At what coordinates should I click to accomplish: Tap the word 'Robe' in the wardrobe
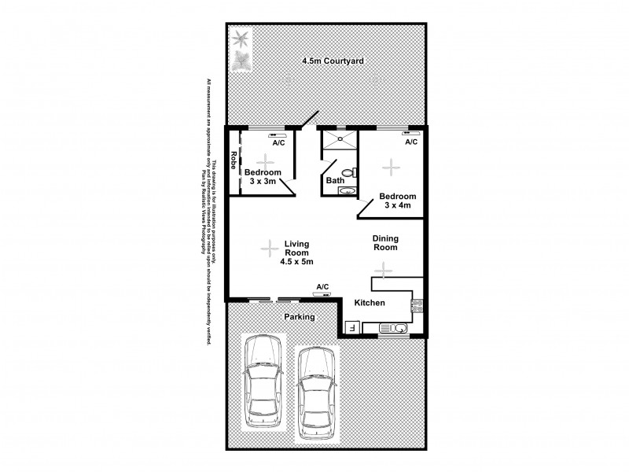pyautogui.click(x=234, y=162)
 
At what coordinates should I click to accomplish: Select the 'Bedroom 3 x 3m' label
pyautogui.click(x=262, y=177)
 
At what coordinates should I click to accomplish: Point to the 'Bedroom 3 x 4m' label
pyautogui.click(x=397, y=201)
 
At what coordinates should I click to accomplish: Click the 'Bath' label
pyautogui.click(x=334, y=180)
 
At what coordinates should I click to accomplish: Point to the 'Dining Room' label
pyautogui.click(x=386, y=242)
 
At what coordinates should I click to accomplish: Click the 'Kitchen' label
pyautogui.click(x=369, y=303)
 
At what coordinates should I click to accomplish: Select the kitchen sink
pyautogui.click(x=397, y=328)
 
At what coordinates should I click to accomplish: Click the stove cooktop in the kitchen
pyautogui.click(x=417, y=303)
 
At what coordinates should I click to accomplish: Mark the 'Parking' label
pyautogui.click(x=299, y=317)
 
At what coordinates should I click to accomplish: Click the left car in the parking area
pyautogui.click(x=263, y=383)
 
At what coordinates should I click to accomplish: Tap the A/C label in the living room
pyautogui.click(x=322, y=286)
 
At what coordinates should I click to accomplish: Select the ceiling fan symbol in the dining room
pyautogui.click(x=383, y=271)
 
